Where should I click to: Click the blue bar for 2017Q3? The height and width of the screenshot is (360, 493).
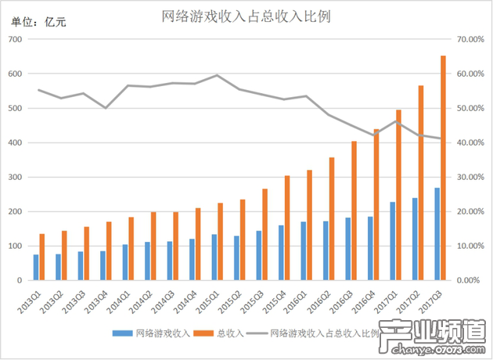point(437,234)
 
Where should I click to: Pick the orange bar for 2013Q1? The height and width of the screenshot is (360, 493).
point(42,257)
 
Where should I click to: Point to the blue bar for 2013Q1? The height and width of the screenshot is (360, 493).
point(36,267)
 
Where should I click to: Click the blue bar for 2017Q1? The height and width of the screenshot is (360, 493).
point(392,240)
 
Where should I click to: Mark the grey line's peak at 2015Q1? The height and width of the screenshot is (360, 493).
point(217,75)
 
